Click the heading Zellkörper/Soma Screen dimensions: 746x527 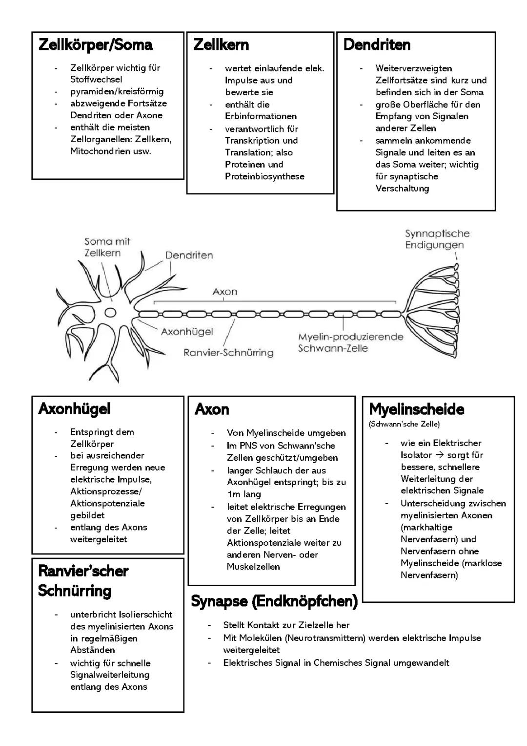pyautogui.click(x=95, y=45)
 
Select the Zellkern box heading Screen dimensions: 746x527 pyautogui.click(x=221, y=45)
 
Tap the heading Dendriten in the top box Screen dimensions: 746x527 pyautogui.click(x=377, y=45)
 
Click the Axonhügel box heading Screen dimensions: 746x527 pyautogui.click(x=74, y=409)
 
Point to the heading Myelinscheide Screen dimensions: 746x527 pyautogui.click(x=416, y=409)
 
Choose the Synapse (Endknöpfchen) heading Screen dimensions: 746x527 pyautogui.click(x=274, y=601)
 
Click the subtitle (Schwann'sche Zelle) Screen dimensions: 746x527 pyautogui.click(x=404, y=424)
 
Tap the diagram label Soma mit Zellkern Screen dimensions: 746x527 pyautogui.click(x=107, y=247)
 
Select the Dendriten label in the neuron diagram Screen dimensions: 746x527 pyautogui.click(x=189, y=255)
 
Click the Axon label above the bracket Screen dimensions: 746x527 pyautogui.click(x=225, y=292)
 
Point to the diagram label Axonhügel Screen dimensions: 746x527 pyautogui.click(x=187, y=332)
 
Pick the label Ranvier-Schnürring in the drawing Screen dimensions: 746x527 pyautogui.click(x=228, y=352)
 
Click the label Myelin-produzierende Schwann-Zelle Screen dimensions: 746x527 pyautogui.click(x=350, y=342)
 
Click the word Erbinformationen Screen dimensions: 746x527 pyautogui.click(x=261, y=116)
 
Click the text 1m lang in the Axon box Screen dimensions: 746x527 pyautogui.click(x=244, y=494)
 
